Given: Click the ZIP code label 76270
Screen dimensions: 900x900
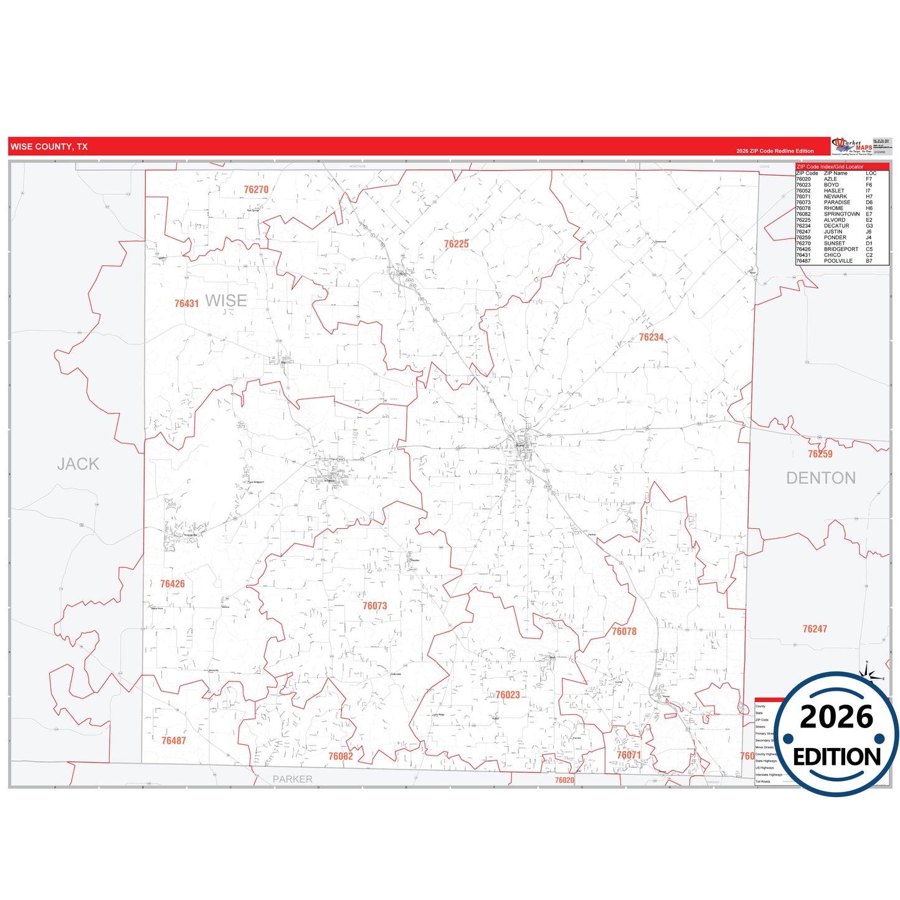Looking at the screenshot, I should click(x=256, y=190).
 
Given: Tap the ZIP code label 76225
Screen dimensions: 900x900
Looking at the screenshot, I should click(x=456, y=244).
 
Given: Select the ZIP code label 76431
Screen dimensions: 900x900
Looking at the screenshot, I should click(x=186, y=304).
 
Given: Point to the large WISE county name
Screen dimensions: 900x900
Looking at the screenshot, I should click(x=226, y=301).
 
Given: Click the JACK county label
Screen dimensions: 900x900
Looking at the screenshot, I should click(x=78, y=464).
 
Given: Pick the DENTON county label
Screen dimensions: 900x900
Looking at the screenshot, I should click(x=820, y=478).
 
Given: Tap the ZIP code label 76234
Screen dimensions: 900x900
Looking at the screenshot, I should click(x=651, y=338).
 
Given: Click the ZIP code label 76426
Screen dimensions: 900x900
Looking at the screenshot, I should click(x=172, y=584).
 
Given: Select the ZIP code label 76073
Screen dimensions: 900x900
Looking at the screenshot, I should click(x=374, y=606).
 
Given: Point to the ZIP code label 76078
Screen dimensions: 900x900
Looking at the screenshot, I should click(x=623, y=632).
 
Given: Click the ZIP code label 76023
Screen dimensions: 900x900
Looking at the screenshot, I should click(x=507, y=695).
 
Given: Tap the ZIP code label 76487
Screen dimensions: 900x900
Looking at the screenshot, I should click(x=173, y=741).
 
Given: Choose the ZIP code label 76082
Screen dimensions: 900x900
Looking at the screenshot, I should click(x=340, y=757).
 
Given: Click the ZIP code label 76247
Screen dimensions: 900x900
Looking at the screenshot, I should click(x=814, y=629).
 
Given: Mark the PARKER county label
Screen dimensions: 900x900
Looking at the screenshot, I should click(x=292, y=779).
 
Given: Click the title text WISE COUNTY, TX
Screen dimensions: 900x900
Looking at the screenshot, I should click(x=49, y=147).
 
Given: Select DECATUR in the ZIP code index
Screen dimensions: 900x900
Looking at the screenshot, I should click(x=836, y=226).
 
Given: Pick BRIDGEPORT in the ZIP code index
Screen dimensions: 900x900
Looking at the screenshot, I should click(x=840, y=249).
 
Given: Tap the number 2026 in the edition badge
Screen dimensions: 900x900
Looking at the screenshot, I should click(x=836, y=717).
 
